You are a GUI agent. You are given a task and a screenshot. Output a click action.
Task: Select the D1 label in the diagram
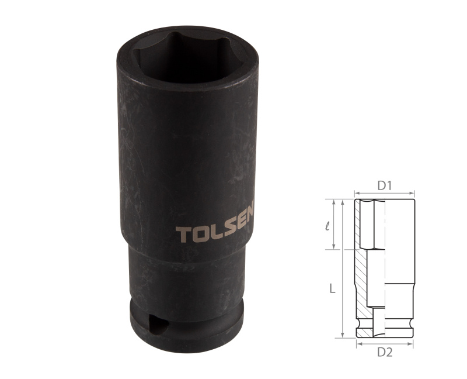click(x=384, y=186)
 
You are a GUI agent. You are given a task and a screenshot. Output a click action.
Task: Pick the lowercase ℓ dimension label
click(x=327, y=225)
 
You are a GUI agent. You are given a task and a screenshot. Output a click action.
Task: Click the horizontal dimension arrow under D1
click(x=384, y=194)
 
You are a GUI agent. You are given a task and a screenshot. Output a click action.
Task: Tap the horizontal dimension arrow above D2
click(x=384, y=344)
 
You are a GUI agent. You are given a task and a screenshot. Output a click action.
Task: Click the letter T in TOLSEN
click(x=182, y=235)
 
